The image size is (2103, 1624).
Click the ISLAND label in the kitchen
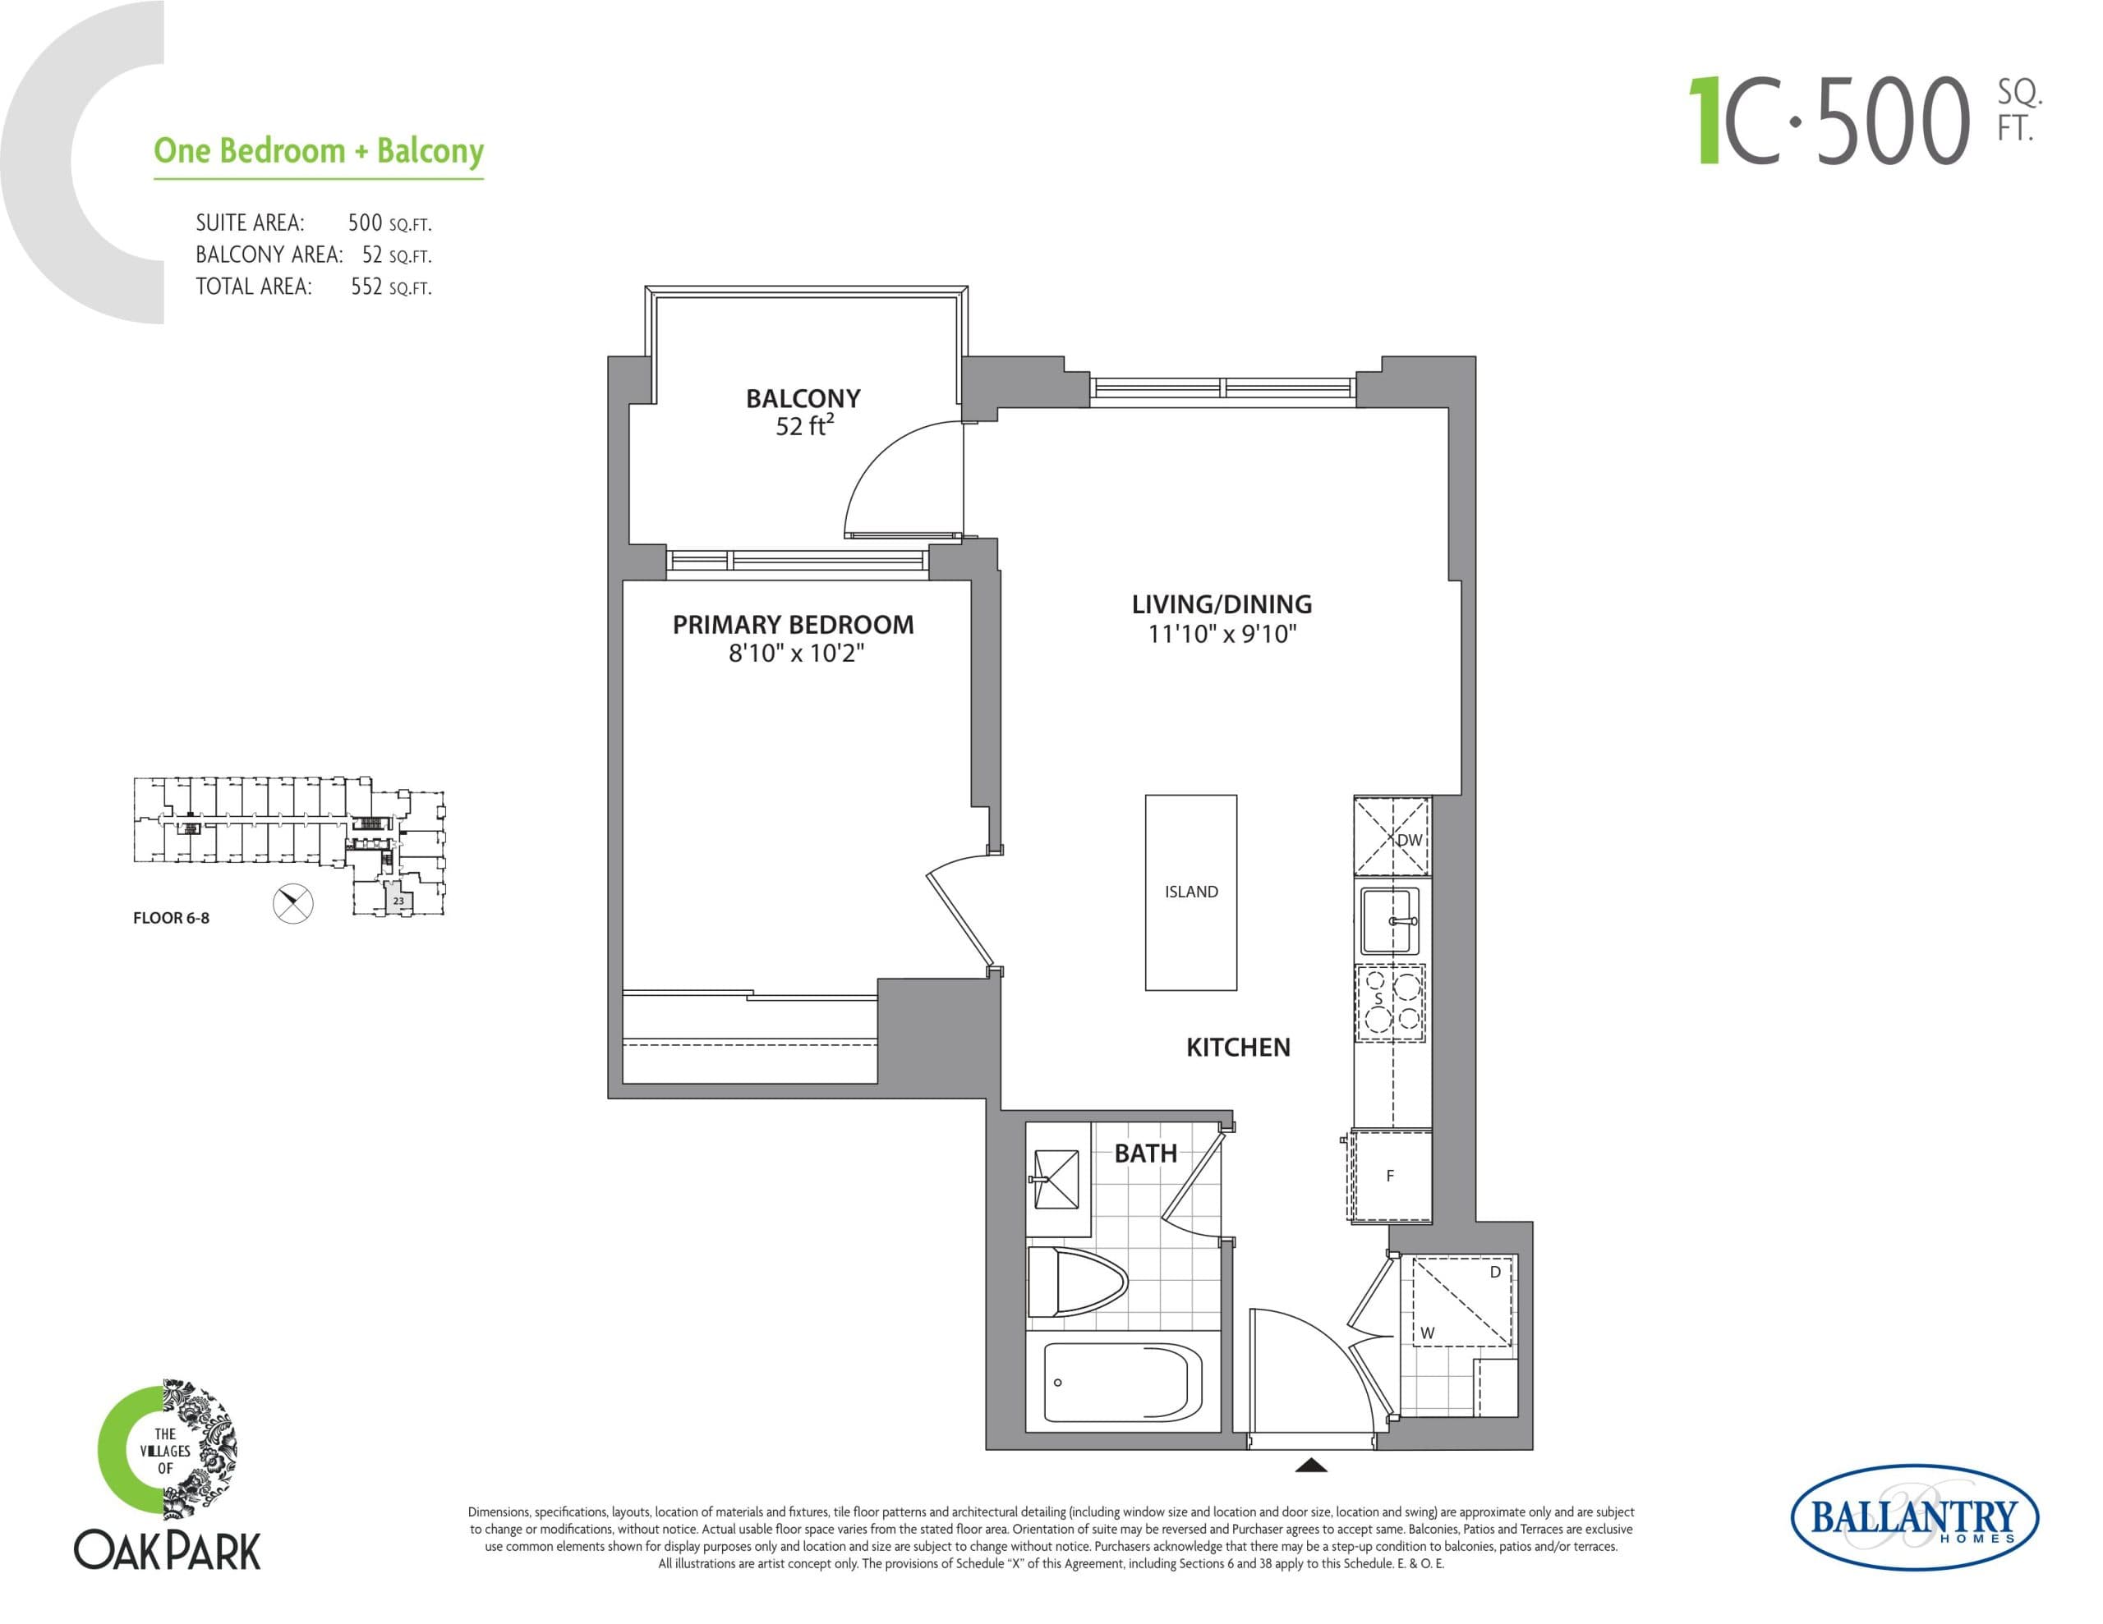tap(1191, 892)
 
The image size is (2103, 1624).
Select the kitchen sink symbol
tap(1388, 920)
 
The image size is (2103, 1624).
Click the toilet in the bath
tap(1076, 1282)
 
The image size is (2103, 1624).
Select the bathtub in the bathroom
tap(1122, 1383)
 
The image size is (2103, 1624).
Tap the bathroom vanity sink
tap(1056, 1179)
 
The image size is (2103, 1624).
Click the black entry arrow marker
tap(1311, 1466)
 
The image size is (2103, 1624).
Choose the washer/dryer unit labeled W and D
tap(1461, 1301)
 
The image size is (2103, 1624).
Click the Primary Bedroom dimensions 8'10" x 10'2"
tap(795, 654)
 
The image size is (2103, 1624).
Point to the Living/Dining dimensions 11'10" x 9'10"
tap(1222, 635)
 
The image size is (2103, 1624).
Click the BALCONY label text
tap(803, 398)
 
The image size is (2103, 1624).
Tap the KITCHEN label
tap(1237, 1048)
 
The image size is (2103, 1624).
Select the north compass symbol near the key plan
tap(292, 903)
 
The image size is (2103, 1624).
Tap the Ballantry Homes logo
tap(1913, 1518)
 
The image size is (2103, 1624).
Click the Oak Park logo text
tap(168, 1551)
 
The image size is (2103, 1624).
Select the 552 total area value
tap(367, 287)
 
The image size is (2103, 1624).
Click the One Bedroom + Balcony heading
tap(319, 151)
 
